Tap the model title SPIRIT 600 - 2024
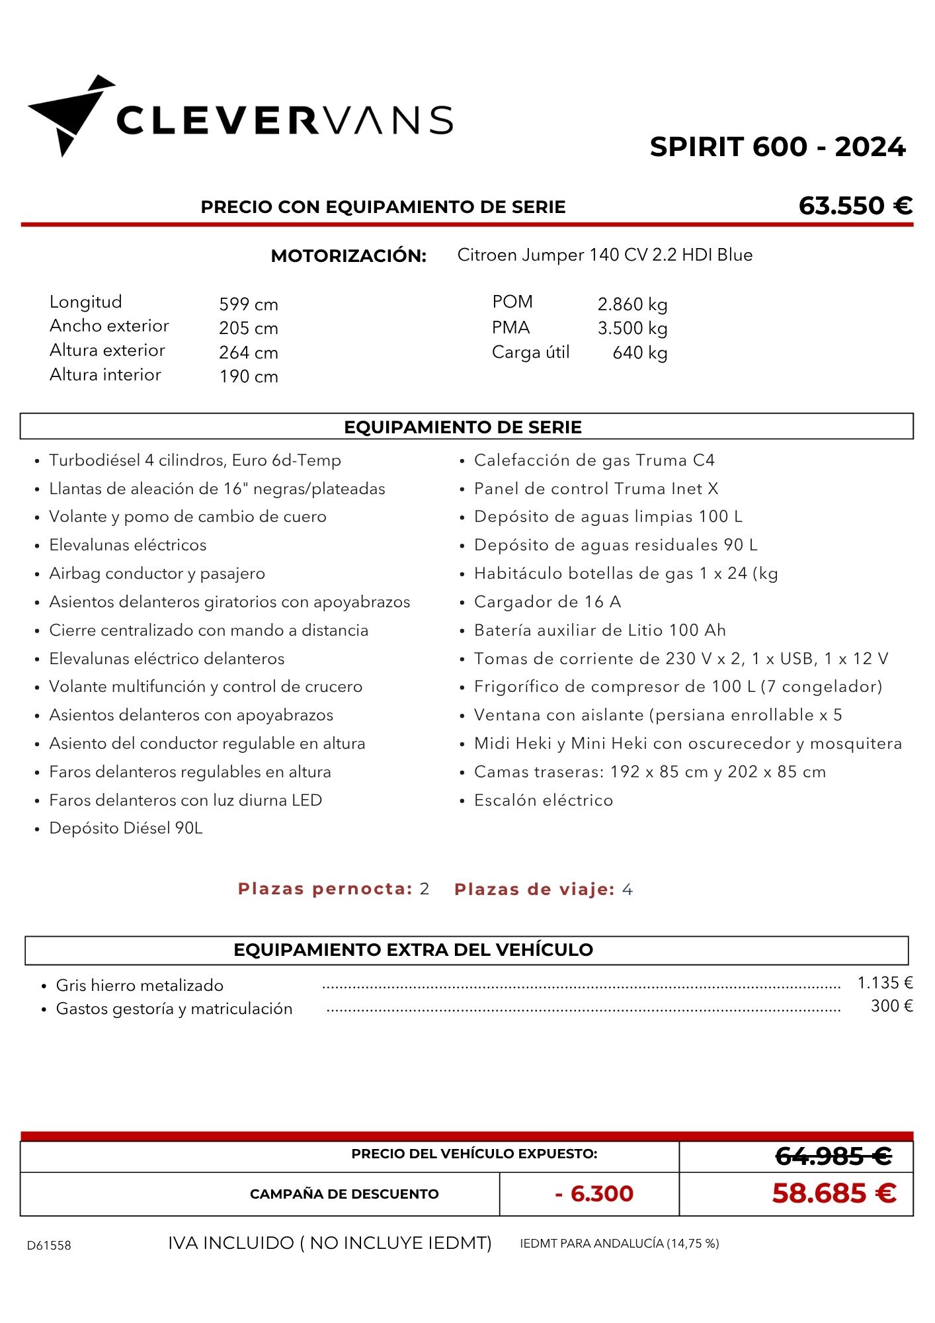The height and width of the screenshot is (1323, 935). click(x=777, y=147)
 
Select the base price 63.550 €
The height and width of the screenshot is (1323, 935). click(x=855, y=206)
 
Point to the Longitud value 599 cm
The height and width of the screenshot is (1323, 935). click(x=249, y=304)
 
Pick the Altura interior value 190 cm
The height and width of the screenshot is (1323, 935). click(x=249, y=376)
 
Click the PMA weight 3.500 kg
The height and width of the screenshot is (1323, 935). click(x=632, y=328)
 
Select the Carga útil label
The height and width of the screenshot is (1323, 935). click(x=530, y=352)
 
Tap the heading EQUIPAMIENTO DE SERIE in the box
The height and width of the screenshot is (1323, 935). click(x=463, y=427)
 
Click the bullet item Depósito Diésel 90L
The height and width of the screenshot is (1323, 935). click(x=126, y=828)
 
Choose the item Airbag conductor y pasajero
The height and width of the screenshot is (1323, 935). click(x=157, y=574)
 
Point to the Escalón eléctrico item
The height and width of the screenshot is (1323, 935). click(x=543, y=800)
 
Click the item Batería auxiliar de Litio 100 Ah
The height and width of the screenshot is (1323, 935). click(x=600, y=630)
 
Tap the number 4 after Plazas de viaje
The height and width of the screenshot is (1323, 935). click(x=627, y=890)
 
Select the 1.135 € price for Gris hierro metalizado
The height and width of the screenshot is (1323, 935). click(x=885, y=983)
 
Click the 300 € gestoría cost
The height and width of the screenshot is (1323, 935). click(x=891, y=1006)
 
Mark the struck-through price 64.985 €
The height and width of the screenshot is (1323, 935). click(x=833, y=1156)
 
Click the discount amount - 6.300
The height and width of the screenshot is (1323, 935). click(x=594, y=1193)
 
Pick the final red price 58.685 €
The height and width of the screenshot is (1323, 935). click(x=834, y=1193)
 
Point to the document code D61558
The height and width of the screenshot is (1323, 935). click(x=49, y=1245)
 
